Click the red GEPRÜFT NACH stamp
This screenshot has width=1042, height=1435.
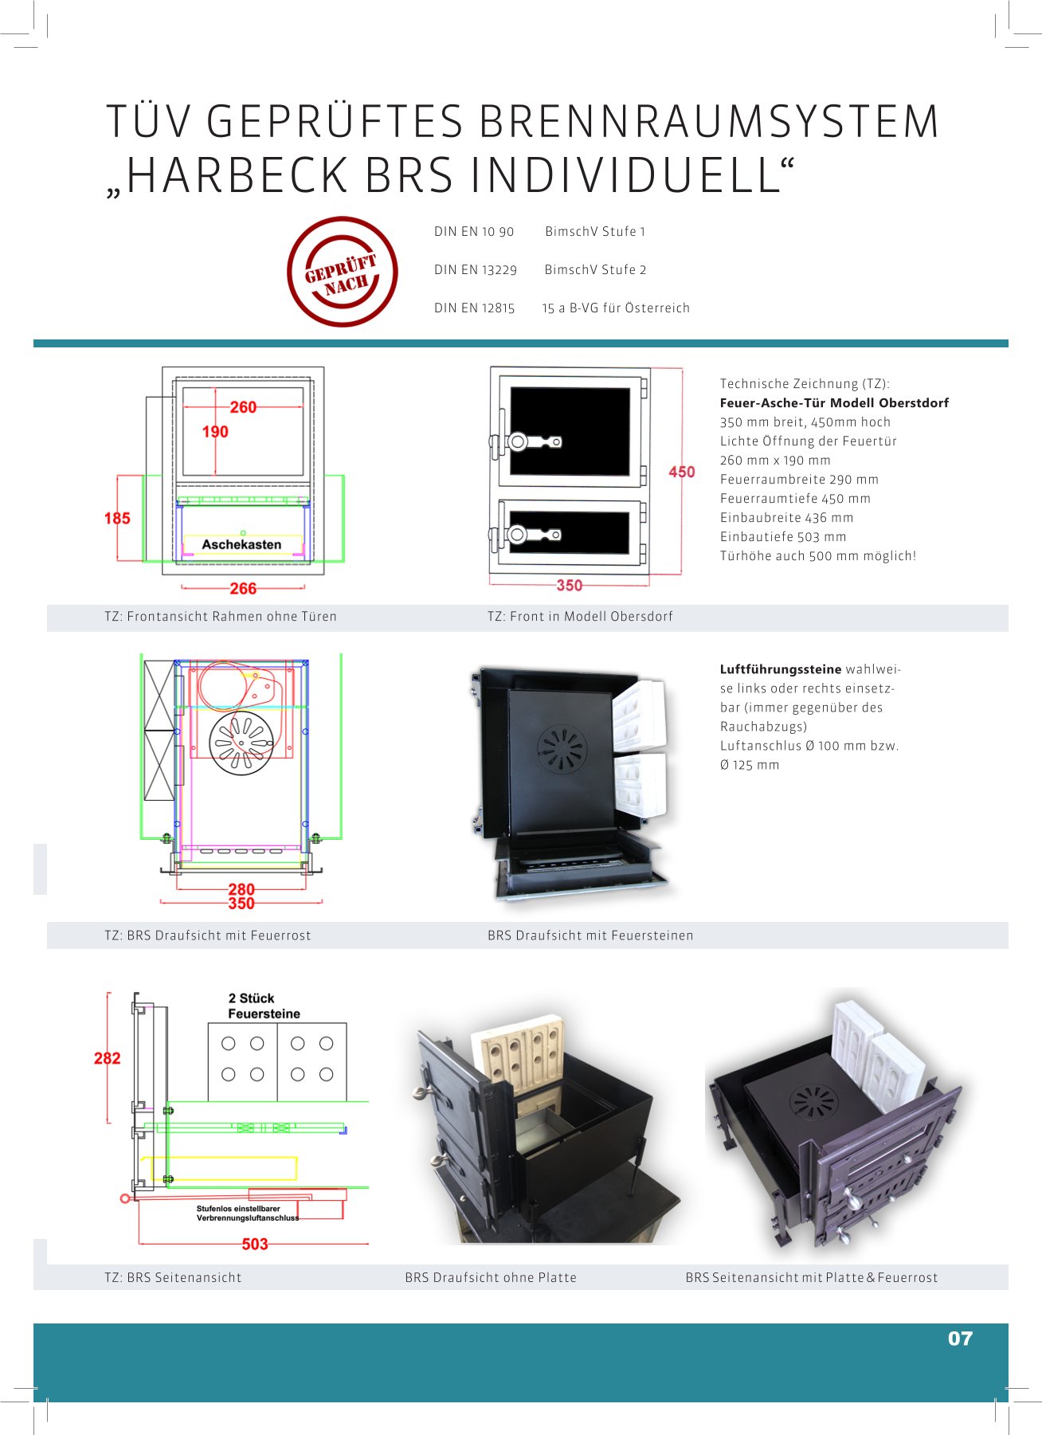[343, 272]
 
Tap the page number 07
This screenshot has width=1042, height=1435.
[960, 1339]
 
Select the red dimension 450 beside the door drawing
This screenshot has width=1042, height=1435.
[681, 472]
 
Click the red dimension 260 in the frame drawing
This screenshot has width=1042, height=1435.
[243, 407]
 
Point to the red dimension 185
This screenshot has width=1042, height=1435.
[117, 518]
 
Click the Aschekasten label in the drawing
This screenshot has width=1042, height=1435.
[241, 544]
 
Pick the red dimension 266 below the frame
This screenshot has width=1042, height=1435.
[243, 589]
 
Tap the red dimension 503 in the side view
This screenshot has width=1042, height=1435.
[255, 1244]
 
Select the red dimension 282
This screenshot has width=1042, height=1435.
[108, 1058]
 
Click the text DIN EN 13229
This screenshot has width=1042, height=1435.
[476, 270]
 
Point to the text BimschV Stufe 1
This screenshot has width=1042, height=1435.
[595, 232]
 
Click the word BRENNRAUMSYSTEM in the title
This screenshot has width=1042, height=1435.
[709, 123]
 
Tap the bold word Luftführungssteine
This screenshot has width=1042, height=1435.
[781, 669]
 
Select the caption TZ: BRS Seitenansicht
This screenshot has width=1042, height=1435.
[173, 1277]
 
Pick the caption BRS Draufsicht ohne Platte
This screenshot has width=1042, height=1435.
[491, 1277]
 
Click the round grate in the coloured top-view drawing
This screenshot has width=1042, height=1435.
[241, 743]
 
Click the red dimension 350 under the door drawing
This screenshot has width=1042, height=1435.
[569, 586]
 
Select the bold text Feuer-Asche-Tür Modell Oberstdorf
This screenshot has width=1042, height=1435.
[834, 403]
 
